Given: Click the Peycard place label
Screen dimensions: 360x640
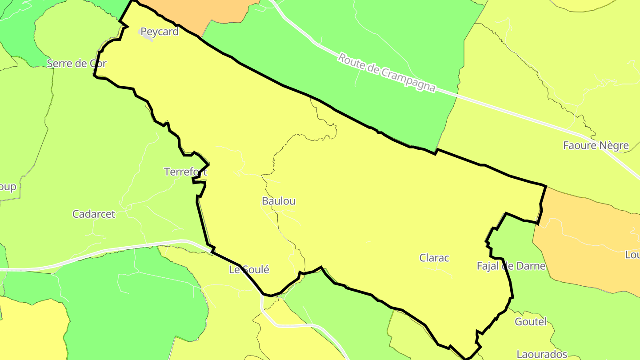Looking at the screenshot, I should tap(159, 32).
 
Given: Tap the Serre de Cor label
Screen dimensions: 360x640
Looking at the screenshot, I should tap(77, 64).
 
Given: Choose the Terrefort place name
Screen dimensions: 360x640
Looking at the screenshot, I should tap(185, 172).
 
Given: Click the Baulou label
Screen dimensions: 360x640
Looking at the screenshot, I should tap(279, 201).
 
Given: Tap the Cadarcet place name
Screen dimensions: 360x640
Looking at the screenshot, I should tap(94, 214).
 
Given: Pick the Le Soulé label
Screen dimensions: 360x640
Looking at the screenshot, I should tap(249, 270).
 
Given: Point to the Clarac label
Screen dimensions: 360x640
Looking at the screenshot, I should tap(434, 258).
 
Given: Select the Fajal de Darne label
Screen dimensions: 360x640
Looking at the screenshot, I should tap(511, 266).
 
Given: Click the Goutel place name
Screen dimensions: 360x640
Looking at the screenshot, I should tap(530, 321).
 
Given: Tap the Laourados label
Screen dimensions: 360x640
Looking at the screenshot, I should tap(542, 354).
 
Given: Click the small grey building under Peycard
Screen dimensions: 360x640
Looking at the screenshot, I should tap(148, 38).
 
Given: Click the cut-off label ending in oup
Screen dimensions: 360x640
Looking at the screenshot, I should tap(8, 187).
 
